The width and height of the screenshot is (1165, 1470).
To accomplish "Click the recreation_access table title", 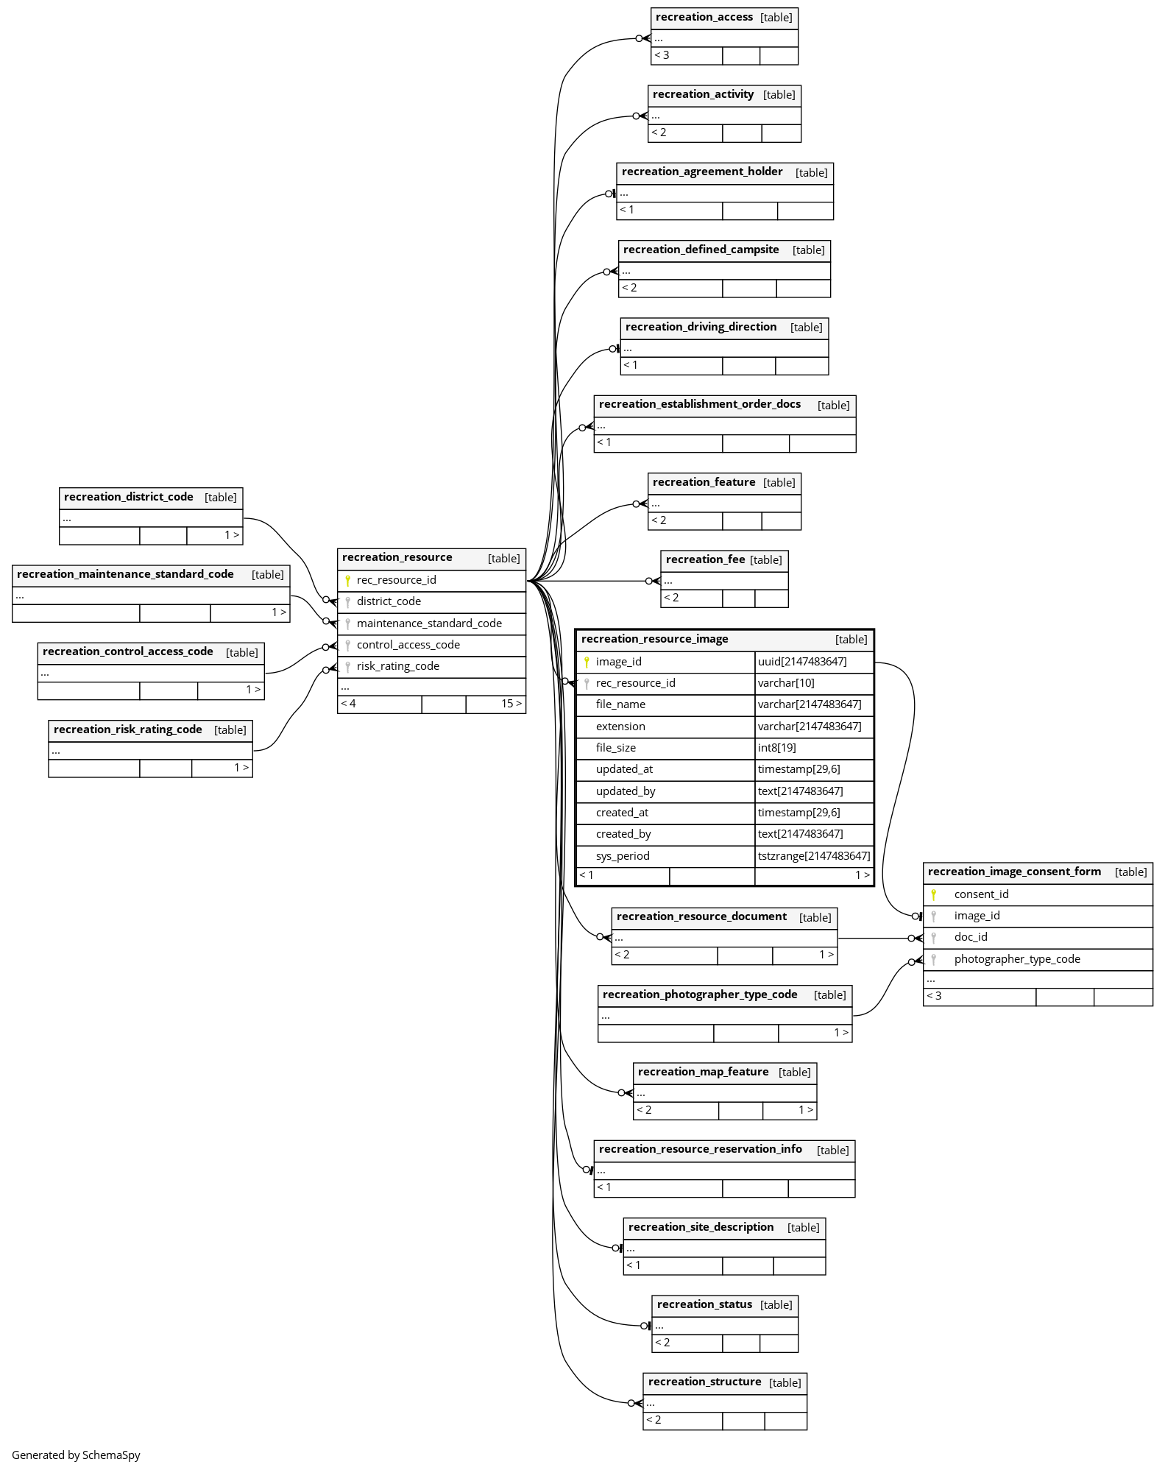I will point(704,18).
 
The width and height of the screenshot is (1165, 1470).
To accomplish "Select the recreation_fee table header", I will point(705,560).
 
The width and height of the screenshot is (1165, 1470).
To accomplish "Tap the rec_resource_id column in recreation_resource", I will point(396,580).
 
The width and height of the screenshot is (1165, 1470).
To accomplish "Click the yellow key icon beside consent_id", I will point(933,894).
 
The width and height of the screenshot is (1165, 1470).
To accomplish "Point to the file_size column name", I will point(615,748).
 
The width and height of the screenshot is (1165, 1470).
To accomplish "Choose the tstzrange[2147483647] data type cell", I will point(813,856).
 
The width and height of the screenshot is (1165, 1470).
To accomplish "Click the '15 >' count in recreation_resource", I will point(511,704).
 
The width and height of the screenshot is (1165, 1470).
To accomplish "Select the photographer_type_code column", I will point(1016,959).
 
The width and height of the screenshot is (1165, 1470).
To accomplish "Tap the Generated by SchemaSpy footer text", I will point(76,1455).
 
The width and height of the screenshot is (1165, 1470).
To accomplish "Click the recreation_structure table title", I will point(704,1382).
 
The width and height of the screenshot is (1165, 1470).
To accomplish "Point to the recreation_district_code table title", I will point(128,497).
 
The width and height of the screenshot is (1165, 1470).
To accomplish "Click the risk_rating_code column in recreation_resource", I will point(397,666).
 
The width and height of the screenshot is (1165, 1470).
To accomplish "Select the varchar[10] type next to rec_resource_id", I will point(785,683).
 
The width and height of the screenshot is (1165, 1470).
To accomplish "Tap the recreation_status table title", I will point(704,1304).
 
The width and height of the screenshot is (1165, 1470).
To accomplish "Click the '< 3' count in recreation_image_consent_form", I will point(934,996).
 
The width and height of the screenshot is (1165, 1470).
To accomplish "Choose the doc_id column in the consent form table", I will point(970,937).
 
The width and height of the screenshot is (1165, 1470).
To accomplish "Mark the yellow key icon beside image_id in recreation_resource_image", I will point(587,662).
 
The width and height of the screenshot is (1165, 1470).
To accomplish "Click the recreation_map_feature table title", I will point(703,1072).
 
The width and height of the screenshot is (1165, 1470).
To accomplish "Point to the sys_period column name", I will point(622,856).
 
